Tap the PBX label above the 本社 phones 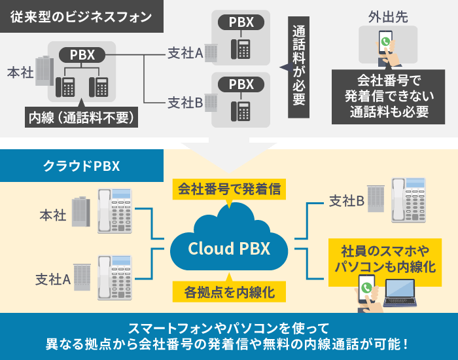(x=82, y=54)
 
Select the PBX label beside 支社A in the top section (x=241, y=22)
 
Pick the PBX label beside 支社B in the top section (x=241, y=84)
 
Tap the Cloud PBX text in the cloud (x=229, y=249)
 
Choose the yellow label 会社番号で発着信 (x=229, y=190)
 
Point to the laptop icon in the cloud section (x=400, y=293)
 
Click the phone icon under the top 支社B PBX (x=242, y=109)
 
